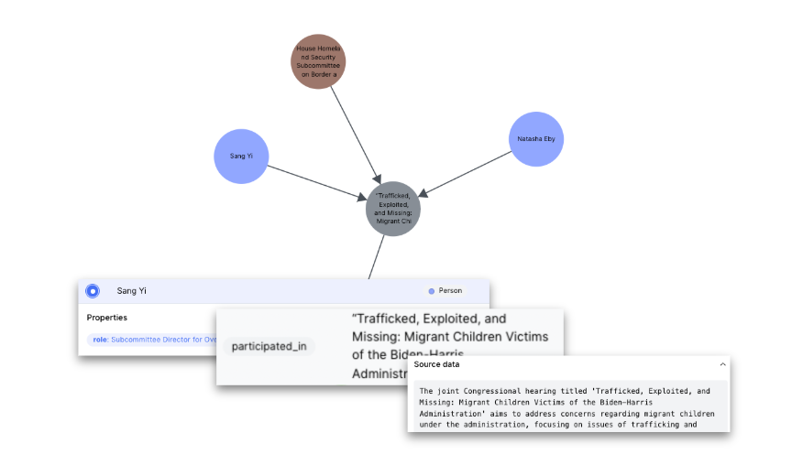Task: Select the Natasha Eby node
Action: tap(535, 139)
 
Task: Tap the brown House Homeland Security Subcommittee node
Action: tap(318, 61)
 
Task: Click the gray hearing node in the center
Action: tap(393, 209)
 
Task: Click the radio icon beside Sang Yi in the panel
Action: tap(93, 291)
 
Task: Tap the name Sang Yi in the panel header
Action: tap(131, 291)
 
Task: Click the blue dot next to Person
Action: tap(431, 291)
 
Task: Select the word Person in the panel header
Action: tap(450, 291)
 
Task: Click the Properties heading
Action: tap(107, 318)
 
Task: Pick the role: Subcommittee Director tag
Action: tap(151, 340)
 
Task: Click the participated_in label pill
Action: tap(269, 346)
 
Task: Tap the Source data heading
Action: tap(436, 364)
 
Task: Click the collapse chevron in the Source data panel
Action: tap(721, 364)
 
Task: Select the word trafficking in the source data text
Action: tap(676, 425)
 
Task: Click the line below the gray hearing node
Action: tap(377, 256)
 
